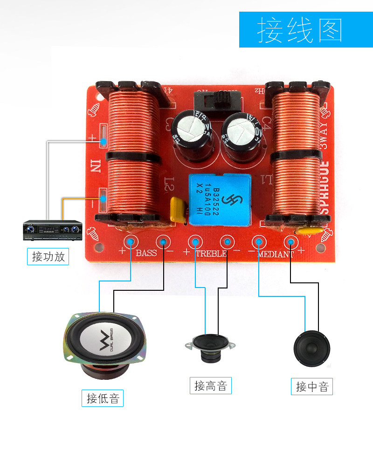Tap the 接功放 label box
pyautogui.click(x=48, y=256)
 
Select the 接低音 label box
pyautogui.click(x=103, y=398)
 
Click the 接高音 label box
pyautogui.click(x=210, y=385)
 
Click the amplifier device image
pyautogui.click(x=53, y=229)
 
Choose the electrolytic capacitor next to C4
pyautogui.click(x=241, y=132)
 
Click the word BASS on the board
pyautogui.click(x=146, y=254)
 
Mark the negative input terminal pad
pyautogui.click(x=104, y=201)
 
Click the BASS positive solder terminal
pyautogui.click(x=131, y=241)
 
